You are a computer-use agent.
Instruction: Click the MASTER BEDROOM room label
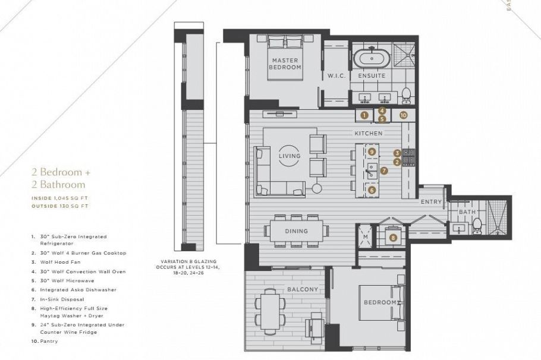coord(286,64)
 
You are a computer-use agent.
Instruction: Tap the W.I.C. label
coord(336,76)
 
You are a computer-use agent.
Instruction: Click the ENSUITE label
coord(372,76)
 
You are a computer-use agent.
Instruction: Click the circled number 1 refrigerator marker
coord(364,115)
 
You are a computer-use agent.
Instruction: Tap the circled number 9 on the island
coord(372,151)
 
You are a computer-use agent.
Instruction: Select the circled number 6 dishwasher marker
coord(372,190)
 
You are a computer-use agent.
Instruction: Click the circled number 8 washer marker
coord(393,238)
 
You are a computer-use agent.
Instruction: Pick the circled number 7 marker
coord(384,170)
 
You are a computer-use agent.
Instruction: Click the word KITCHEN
coord(369,133)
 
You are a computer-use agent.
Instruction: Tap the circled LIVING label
coord(289,156)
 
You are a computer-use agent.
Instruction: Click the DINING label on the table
coord(297,231)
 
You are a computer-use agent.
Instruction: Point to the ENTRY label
coord(431,202)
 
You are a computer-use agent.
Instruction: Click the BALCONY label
coord(303,289)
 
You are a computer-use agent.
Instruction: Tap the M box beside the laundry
coord(365,236)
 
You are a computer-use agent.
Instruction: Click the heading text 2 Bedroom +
coord(61,172)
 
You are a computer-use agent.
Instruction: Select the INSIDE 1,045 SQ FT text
coord(59,198)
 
